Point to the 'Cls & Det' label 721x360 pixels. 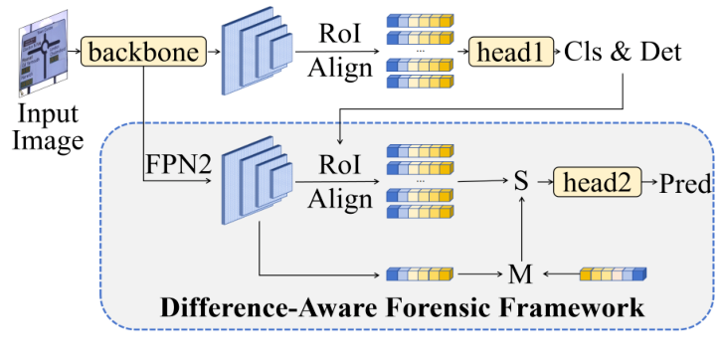click(623, 51)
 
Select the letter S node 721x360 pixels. click(519, 184)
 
